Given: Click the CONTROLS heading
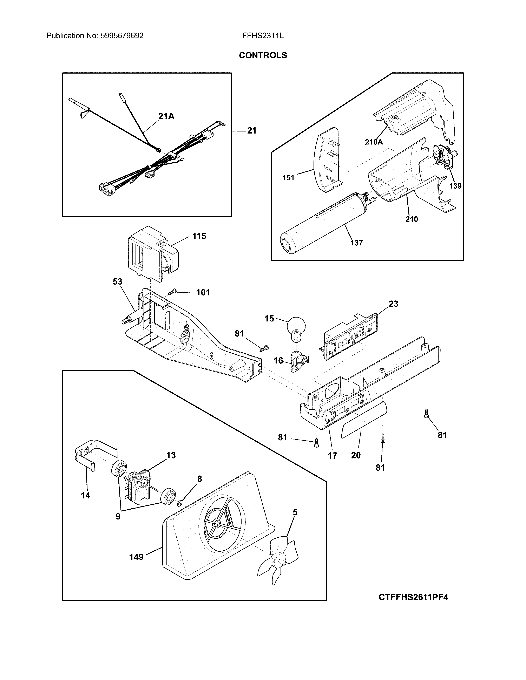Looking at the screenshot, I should click(263, 55).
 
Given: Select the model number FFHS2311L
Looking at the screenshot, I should click(263, 36).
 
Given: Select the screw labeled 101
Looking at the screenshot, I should click(172, 292).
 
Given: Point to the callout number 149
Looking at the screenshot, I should click(136, 557).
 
